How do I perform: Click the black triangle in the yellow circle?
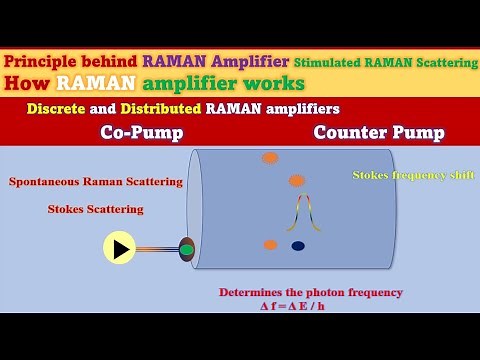[120, 249]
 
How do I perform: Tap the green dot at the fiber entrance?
[186, 249]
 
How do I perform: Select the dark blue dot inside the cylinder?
[297, 246]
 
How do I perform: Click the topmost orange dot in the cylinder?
[270, 158]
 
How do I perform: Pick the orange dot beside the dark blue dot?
[270, 245]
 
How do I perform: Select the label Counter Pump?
[379, 132]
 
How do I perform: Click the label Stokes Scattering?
[95, 209]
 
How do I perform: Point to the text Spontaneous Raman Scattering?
[95, 182]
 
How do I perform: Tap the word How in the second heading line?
[23, 83]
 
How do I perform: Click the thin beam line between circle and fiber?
[157, 249]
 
